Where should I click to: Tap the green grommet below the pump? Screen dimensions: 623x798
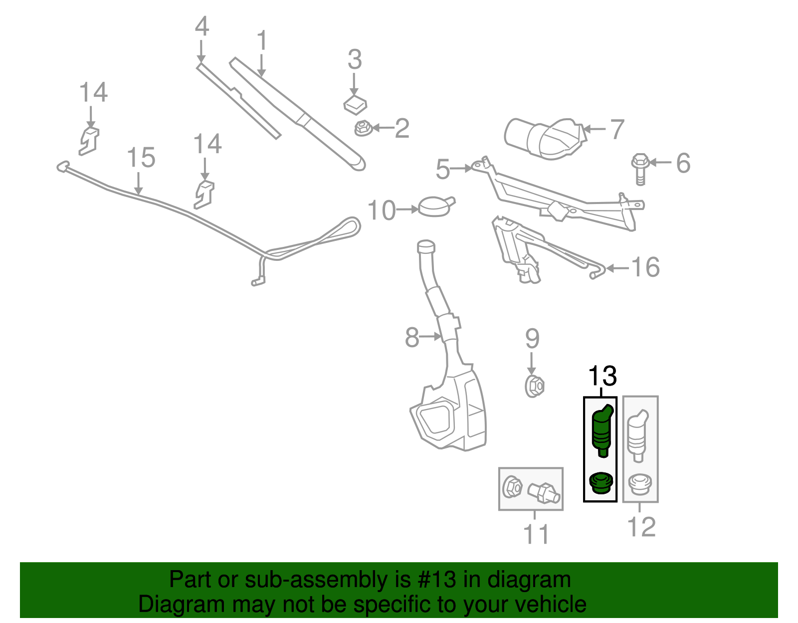600,483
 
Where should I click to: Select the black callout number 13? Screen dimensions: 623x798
602,376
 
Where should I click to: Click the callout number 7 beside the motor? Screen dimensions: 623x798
617,130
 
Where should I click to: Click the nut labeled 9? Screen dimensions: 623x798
534,387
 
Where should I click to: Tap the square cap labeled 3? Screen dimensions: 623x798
355,104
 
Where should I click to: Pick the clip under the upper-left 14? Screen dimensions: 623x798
89,141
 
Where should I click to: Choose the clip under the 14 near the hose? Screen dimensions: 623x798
204,194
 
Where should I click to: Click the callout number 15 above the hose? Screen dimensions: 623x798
141,158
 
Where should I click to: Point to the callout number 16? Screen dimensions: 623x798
645,267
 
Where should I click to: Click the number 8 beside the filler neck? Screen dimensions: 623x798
412,338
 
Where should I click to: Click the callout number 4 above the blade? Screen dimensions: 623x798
201,26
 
